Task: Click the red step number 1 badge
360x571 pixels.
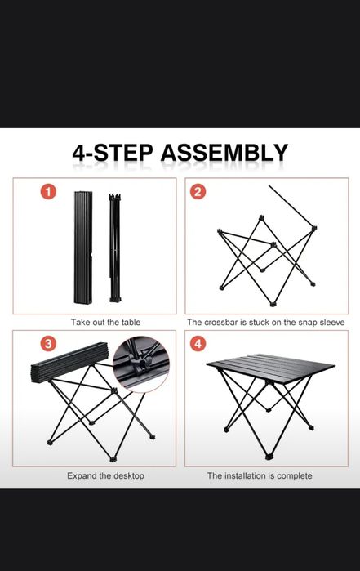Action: pos(48,191)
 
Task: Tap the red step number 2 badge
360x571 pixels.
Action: pos(198,191)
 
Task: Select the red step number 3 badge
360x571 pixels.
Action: pos(48,343)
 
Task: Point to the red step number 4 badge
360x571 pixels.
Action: pos(198,343)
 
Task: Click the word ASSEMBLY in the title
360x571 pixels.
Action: pos(224,153)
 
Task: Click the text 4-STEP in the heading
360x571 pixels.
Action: pos(113,153)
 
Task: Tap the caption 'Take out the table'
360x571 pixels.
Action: pos(105,323)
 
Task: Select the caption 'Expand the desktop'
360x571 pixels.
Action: pos(105,475)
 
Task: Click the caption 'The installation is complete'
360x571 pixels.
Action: pos(260,475)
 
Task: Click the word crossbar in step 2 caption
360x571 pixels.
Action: pos(220,323)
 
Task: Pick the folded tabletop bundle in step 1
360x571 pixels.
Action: pos(83,248)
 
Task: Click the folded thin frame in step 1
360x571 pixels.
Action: pos(115,248)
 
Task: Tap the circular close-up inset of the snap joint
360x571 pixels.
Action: pos(141,364)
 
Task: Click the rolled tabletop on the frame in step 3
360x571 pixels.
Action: pos(69,363)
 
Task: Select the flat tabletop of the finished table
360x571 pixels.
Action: pos(270,367)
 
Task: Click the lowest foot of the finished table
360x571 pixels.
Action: pos(269,457)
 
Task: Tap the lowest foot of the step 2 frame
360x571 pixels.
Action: pos(273,303)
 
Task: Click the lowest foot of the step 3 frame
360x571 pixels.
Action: pos(113,459)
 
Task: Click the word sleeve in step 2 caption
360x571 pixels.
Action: pos(333,323)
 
